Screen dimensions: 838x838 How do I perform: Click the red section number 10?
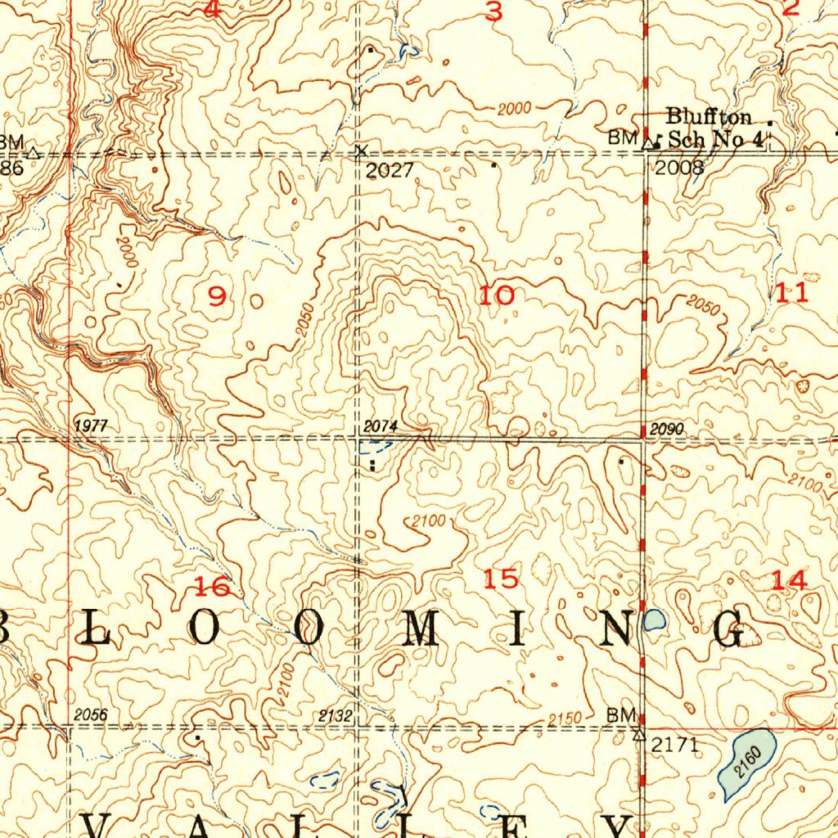[x=497, y=295]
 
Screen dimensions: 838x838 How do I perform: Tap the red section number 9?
[x=216, y=296]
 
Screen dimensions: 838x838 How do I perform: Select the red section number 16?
[x=212, y=586]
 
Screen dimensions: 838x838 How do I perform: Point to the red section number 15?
[x=501, y=579]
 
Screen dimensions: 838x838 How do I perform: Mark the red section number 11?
[x=792, y=292]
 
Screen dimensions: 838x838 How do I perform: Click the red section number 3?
[x=493, y=11]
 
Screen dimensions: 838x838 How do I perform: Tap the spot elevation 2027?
[x=390, y=170]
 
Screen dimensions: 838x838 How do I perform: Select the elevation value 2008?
[x=679, y=168]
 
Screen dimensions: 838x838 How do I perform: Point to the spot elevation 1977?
[x=90, y=426]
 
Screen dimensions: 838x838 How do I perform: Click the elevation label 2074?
[x=380, y=426]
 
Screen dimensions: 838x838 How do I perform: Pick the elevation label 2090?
[x=667, y=430]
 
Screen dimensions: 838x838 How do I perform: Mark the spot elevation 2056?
[x=90, y=714]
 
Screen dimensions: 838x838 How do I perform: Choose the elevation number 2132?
[x=336, y=717]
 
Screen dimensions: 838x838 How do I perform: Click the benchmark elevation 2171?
[x=674, y=745]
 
